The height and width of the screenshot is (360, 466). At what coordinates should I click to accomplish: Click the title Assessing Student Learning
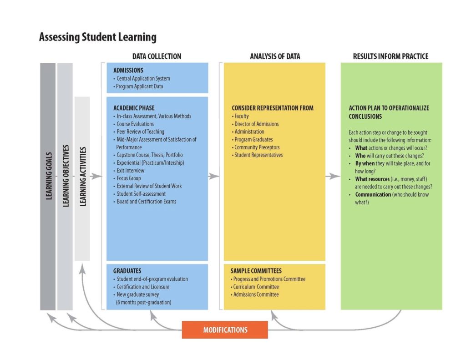click(x=97, y=37)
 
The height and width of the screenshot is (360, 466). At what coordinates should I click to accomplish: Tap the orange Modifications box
click(x=225, y=330)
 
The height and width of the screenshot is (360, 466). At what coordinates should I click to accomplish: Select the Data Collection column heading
click(x=157, y=56)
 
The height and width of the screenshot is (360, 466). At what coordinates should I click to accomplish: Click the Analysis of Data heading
click(x=275, y=56)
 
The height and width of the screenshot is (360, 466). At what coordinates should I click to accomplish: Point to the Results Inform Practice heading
click(x=390, y=56)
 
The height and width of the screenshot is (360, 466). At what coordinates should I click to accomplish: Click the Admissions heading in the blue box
click(x=128, y=71)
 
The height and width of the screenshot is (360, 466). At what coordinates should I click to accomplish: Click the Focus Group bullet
click(x=129, y=178)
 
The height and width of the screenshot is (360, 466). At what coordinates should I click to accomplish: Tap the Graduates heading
click(x=127, y=271)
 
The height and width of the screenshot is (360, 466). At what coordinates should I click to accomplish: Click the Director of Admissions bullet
click(x=257, y=124)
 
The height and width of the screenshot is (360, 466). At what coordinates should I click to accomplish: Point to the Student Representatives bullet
click(x=258, y=155)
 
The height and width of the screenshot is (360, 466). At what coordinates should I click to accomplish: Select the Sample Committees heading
click(x=256, y=271)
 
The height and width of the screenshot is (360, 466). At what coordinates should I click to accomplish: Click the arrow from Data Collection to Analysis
click(x=213, y=176)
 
